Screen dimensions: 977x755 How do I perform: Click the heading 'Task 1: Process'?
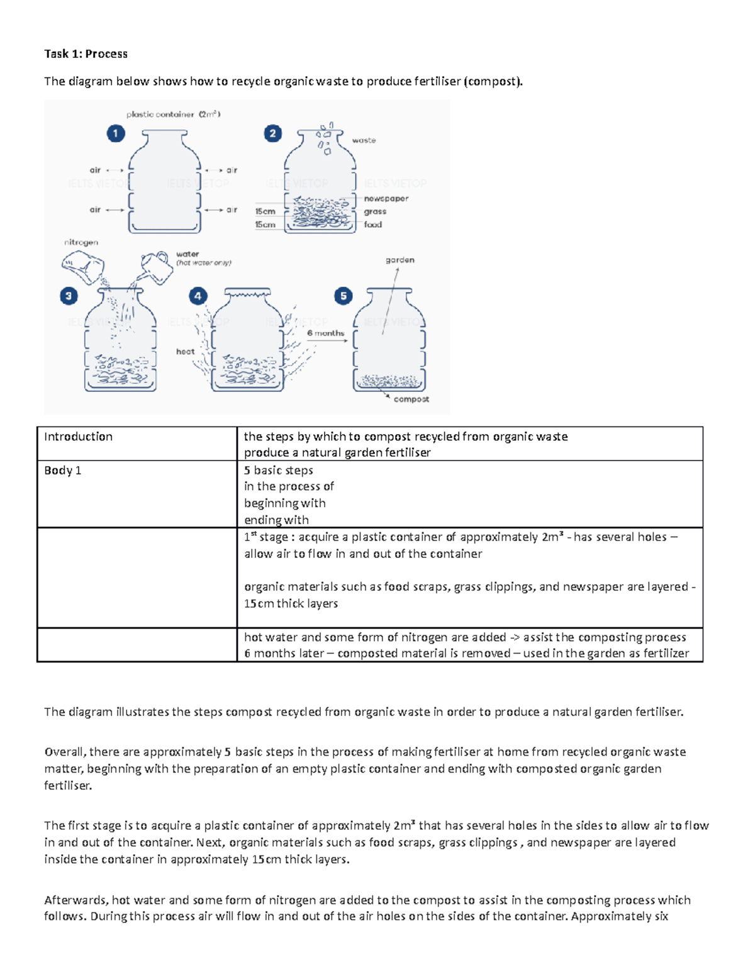point(86,54)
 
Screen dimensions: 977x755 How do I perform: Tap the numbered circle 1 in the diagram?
point(116,133)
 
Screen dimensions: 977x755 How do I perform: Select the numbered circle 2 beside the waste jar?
point(272,133)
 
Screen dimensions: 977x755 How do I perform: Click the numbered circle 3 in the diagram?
point(69,296)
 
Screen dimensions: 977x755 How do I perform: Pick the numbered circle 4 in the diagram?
point(198,296)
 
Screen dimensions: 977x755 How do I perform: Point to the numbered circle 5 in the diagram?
point(343,296)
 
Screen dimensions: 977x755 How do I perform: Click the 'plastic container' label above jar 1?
point(160,114)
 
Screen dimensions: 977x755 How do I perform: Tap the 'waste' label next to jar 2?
point(364,140)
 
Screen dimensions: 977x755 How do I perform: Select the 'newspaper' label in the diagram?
point(386,199)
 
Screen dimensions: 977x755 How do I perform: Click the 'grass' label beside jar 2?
point(375,212)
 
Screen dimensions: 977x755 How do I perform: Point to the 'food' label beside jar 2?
point(372,225)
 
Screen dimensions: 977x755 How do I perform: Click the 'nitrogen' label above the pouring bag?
point(81,242)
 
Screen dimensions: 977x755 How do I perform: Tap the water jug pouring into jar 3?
point(156,267)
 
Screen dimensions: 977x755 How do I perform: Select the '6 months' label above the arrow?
point(325,333)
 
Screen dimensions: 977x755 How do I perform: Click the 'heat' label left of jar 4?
point(185,352)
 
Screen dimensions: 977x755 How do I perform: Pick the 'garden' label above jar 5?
point(400,260)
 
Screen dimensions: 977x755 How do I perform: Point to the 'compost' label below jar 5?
point(411,399)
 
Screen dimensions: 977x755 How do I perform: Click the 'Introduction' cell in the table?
point(78,437)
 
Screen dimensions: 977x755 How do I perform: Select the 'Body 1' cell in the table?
point(62,471)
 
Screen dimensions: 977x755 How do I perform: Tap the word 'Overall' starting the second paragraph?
point(65,752)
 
